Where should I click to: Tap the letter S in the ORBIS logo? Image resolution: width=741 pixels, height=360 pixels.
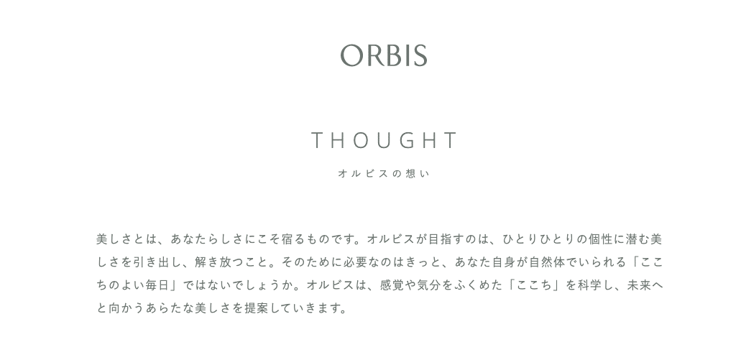point(419,55)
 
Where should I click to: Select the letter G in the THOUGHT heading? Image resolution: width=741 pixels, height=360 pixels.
point(408,140)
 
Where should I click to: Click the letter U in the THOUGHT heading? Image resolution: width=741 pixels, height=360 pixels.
point(385,140)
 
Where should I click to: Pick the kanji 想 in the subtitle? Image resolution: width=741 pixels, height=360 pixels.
point(410,173)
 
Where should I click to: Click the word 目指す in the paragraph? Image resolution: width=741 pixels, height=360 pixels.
point(446,239)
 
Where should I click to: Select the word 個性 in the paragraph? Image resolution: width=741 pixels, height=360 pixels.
point(601,239)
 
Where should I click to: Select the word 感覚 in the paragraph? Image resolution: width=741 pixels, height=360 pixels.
point(392,285)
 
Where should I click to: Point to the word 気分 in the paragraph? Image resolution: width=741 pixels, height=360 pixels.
point(429,285)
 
